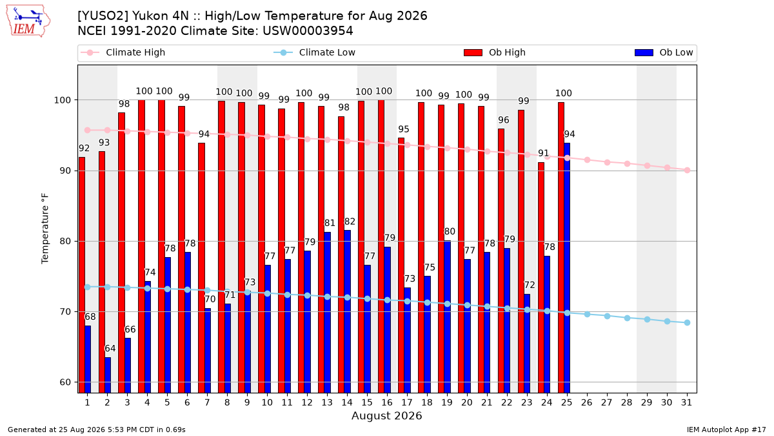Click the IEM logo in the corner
pyautogui.click(x=28, y=21)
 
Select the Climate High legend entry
pyautogui.click(x=123, y=52)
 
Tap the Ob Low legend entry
pyautogui.click(x=664, y=52)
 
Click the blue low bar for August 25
pyautogui.click(x=567, y=268)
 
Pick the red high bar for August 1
pyautogui.click(x=82, y=275)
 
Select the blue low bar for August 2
pyautogui.click(x=108, y=375)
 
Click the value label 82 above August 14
pyautogui.click(x=350, y=222)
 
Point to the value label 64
pyautogui.click(x=110, y=348)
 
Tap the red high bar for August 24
pyautogui.click(x=541, y=278)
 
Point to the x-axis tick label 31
pyautogui.click(x=686, y=403)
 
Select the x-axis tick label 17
pyautogui.click(x=407, y=403)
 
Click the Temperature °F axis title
pyautogui.click(x=45, y=229)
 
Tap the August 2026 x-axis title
pyautogui.click(x=386, y=415)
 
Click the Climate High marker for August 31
pyautogui.click(x=688, y=171)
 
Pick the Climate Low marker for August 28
pyautogui.click(x=627, y=318)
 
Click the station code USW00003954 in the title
pyautogui.click(x=308, y=31)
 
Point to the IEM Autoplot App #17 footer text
pyautogui.click(x=726, y=430)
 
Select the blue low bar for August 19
pyautogui.click(x=447, y=317)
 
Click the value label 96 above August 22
pyautogui.click(x=504, y=120)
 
